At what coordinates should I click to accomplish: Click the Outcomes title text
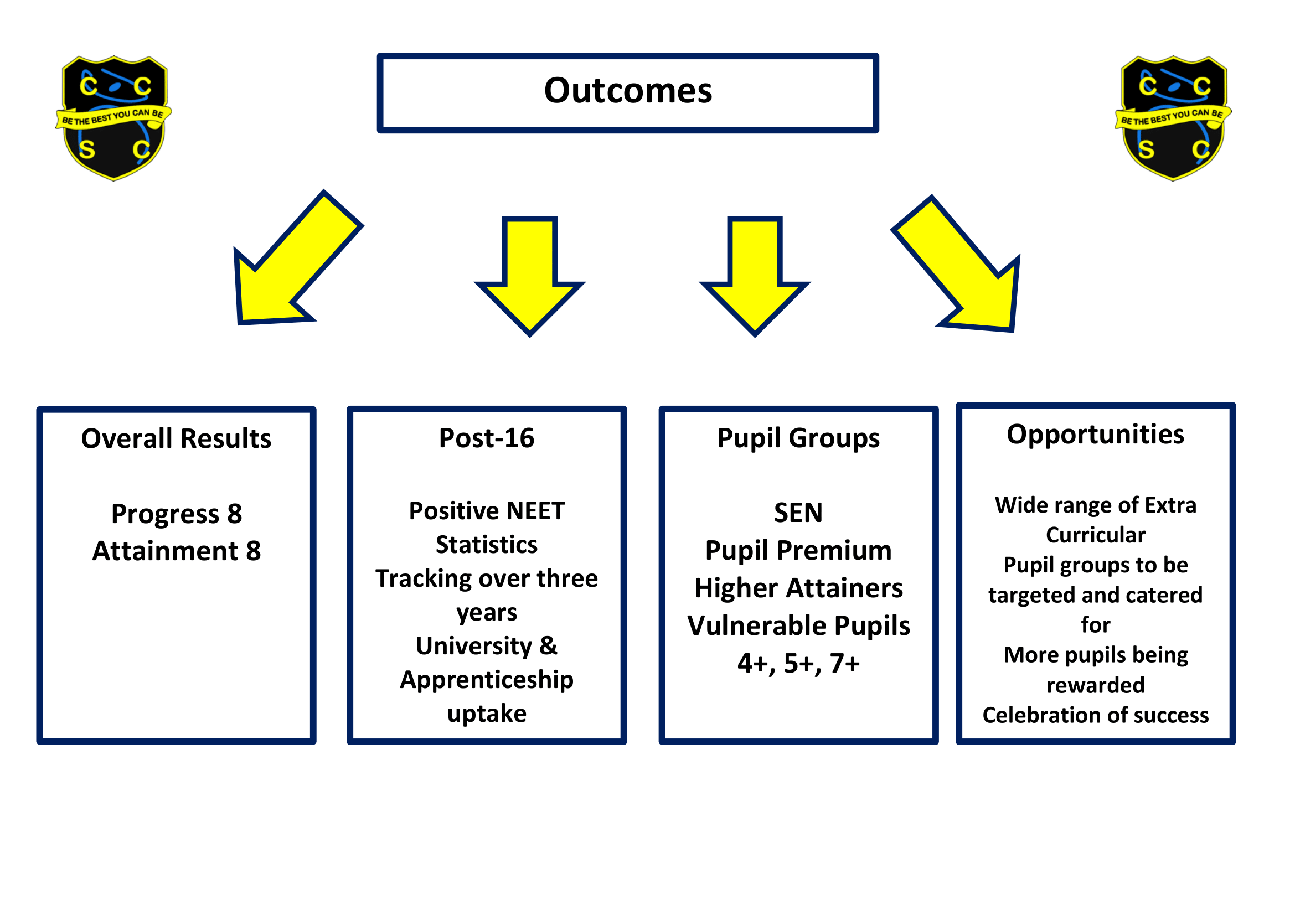pos(628,91)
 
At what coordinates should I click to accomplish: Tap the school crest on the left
pos(113,118)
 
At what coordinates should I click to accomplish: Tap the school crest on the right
pos(1173,118)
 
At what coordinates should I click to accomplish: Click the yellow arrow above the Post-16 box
pos(530,276)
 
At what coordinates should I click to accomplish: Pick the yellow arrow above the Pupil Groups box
pos(755,276)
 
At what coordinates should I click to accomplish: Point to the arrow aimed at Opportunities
pos(964,271)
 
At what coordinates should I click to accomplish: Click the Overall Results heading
pos(176,438)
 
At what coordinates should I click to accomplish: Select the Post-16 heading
pos(486,438)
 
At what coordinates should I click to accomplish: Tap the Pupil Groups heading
pos(798,438)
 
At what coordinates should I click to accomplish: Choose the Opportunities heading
pos(1095,435)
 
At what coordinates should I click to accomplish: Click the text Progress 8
pos(177,514)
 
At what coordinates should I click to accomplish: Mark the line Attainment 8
pos(177,551)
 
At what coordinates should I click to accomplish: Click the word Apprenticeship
pos(486,679)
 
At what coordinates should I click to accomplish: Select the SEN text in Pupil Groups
pos(798,513)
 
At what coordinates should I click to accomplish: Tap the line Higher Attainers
pos(798,588)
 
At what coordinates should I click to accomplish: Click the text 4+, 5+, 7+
pos(798,663)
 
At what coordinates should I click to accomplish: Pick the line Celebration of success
pos(1095,715)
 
